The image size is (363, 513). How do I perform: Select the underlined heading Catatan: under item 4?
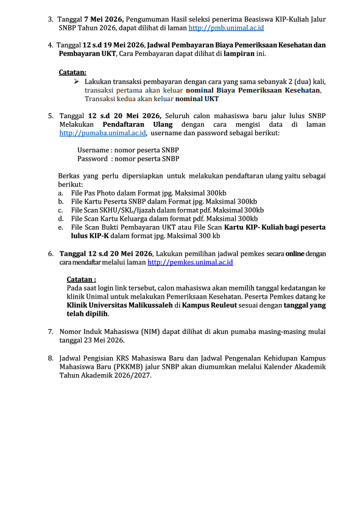pyautogui.click(x=72, y=71)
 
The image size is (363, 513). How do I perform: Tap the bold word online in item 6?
pyautogui.click(x=295, y=253)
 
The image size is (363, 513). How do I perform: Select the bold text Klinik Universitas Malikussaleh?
pyautogui.click(x=119, y=305)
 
